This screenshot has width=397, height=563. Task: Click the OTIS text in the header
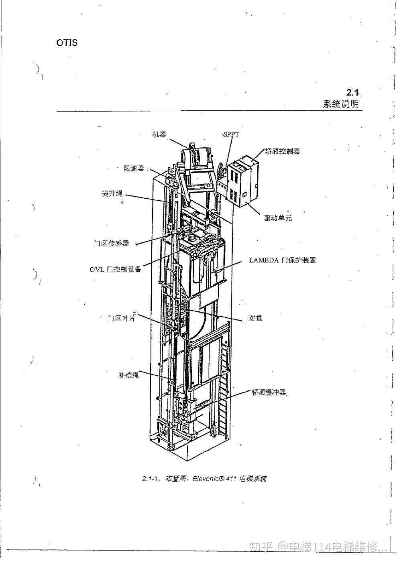point(67,43)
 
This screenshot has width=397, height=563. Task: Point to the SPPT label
point(231,134)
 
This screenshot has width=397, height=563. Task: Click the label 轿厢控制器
point(283,151)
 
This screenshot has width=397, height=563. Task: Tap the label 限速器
point(134,169)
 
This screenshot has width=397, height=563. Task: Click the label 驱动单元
point(278,218)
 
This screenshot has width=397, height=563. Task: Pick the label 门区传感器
point(112,243)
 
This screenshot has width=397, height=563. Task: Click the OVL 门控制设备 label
point(115,269)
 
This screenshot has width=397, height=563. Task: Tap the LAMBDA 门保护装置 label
point(282,260)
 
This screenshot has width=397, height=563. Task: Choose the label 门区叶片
point(122,318)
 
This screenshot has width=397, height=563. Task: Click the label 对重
point(255,318)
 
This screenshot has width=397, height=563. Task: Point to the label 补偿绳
point(128,375)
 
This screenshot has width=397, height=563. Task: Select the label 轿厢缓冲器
point(269,392)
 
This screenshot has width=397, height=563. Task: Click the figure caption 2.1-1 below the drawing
point(204,479)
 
